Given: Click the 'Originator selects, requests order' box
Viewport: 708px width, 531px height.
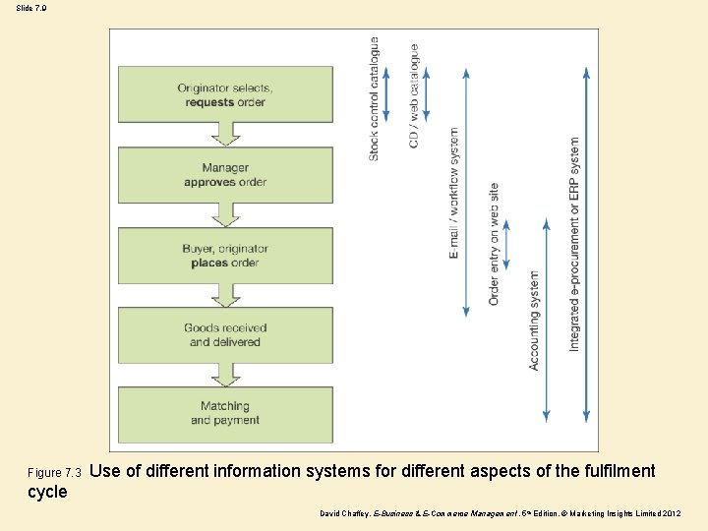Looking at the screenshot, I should click(225, 94).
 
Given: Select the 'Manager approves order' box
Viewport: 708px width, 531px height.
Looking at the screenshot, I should click(225, 175).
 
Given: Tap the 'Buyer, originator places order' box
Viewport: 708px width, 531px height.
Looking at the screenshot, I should click(225, 256).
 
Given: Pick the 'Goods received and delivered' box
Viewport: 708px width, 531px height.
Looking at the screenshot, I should click(225, 335).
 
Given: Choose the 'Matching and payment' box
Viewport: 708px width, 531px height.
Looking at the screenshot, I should click(225, 414).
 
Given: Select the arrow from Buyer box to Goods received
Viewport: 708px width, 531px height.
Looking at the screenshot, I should click(225, 295).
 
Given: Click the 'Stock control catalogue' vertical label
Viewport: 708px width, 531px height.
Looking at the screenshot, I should click(374, 98).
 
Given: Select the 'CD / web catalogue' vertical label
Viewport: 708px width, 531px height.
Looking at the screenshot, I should click(414, 96).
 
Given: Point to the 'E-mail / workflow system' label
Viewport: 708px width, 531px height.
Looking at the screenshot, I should click(454, 193).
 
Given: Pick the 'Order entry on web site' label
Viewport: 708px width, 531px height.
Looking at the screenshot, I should click(494, 244).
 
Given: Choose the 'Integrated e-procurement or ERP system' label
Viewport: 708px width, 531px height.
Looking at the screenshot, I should click(575, 244).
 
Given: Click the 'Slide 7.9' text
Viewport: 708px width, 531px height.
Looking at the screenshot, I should click(30, 8).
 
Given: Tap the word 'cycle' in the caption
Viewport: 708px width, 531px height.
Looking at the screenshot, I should click(48, 492).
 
